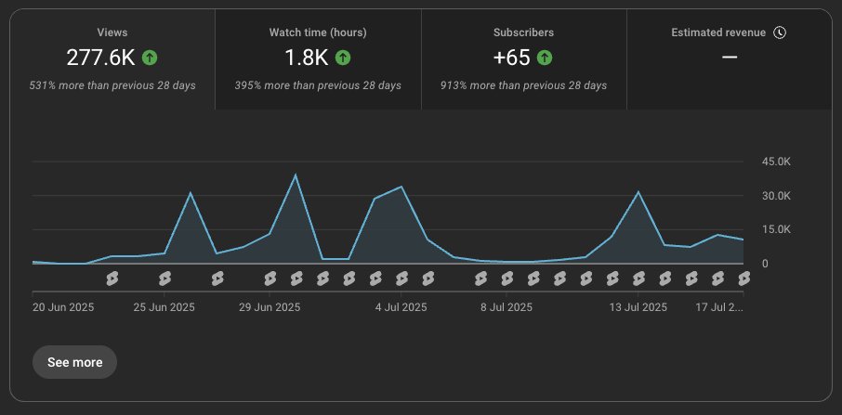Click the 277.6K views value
(101, 58)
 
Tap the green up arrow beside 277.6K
(150, 58)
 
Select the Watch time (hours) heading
(318, 32)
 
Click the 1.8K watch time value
(306, 58)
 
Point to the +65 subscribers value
(511, 58)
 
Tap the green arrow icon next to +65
(545, 58)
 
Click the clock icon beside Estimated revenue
(780, 32)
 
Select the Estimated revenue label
(718, 32)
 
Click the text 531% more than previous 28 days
(112, 85)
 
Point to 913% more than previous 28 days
(523, 85)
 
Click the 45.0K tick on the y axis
(775, 162)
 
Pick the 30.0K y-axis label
(775, 196)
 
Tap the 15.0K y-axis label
(775, 229)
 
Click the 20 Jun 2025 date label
(62, 305)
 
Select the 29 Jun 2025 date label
(270, 305)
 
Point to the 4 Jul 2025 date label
(401, 305)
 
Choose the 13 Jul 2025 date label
(638, 305)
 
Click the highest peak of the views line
(296, 175)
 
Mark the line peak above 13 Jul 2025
(638, 192)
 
